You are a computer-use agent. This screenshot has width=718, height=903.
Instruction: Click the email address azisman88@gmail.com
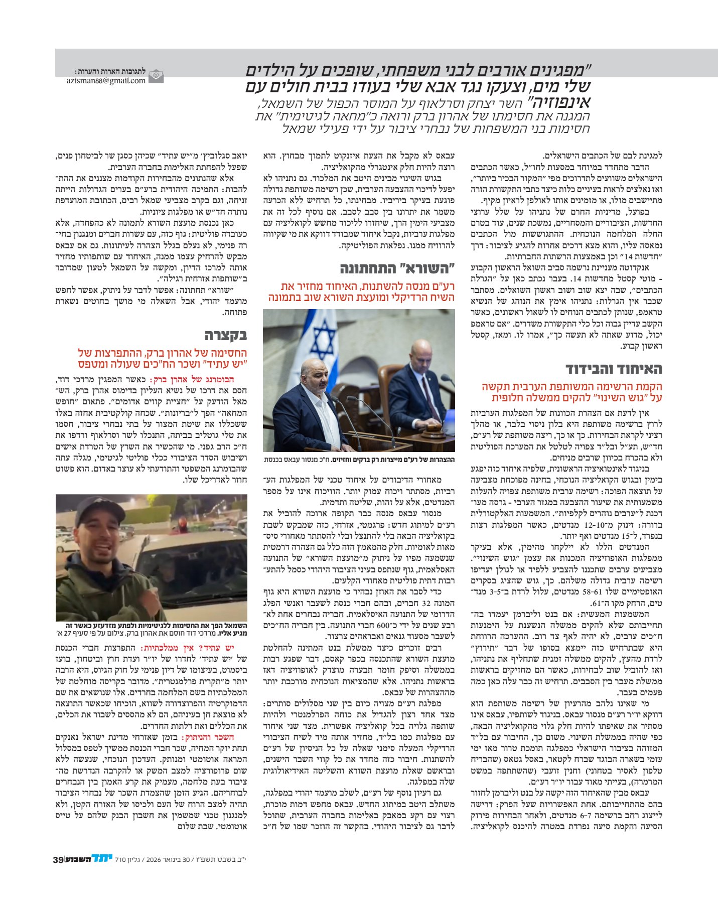point(106,80)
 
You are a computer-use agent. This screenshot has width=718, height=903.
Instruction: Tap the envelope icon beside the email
point(156,76)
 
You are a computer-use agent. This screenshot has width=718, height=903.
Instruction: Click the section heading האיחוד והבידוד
point(614,369)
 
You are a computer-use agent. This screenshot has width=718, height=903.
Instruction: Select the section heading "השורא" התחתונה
point(397,268)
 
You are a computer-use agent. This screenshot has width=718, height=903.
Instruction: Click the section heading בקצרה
point(225,335)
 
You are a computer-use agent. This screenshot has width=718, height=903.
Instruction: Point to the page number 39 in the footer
point(58,859)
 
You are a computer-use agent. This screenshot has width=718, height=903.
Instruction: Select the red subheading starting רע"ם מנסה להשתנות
point(361,292)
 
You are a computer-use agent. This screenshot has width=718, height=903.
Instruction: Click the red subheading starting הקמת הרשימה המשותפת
point(572,392)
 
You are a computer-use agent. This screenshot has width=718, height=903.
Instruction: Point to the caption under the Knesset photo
point(359,460)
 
